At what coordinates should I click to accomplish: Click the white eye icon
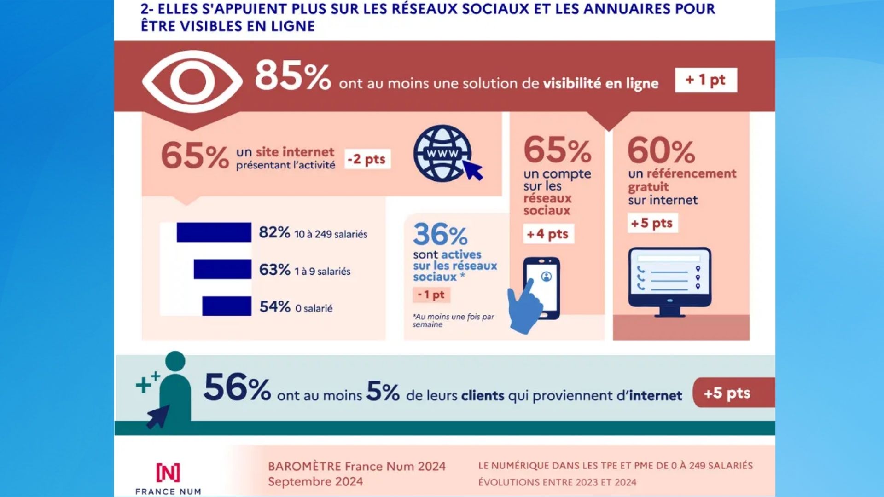(x=192, y=81)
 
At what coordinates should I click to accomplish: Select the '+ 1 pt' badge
(x=705, y=80)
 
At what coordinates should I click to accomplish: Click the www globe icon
(x=443, y=154)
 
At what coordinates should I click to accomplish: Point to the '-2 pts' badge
(x=367, y=159)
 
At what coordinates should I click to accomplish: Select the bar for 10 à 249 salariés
(x=214, y=232)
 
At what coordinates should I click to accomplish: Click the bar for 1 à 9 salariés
(x=222, y=269)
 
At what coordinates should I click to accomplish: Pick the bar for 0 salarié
(x=227, y=306)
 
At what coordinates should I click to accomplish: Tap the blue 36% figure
(x=440, y=235)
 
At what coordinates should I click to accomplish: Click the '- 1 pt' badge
(x=431, y=295)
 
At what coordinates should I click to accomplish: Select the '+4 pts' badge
(x=548, y=234)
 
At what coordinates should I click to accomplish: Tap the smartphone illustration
(x=542, y=288)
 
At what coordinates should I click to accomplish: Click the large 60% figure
(x=661, y=150)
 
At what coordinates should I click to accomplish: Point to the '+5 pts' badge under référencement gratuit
(x=652, y=223)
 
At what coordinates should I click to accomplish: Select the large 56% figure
(x=237, y=387)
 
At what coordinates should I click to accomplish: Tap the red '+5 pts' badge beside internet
(x=727, y=393)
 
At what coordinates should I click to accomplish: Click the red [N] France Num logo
(x=168, y=473)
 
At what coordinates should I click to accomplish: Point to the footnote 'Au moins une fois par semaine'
(x=453, y=320)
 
